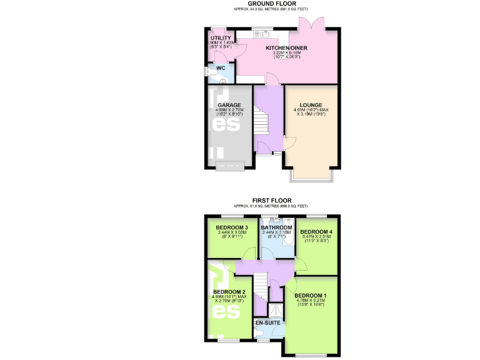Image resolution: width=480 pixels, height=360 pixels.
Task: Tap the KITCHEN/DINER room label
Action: point(287,48)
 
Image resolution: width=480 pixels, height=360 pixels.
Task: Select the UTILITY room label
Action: point(221,38)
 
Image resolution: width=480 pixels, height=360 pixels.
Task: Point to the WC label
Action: point(221,69)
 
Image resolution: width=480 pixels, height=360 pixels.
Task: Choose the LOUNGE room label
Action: point(311,106)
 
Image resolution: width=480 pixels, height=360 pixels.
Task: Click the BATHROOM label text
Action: point(276,227)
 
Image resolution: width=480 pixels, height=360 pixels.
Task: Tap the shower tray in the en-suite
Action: point(276,311)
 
